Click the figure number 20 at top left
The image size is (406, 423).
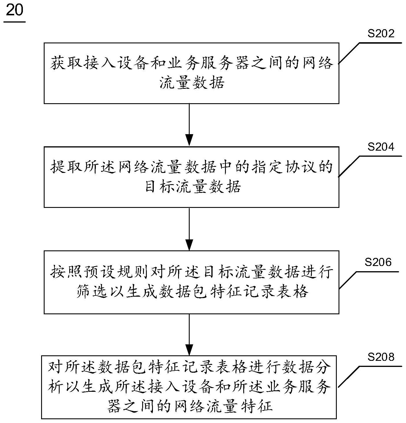point(14,11)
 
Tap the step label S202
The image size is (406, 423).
point(381,34)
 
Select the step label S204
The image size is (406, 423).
point(381,147)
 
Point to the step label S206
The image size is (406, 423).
point(378,262)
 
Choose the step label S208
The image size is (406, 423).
point(381,357)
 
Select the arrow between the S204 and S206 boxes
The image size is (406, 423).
point(189,229)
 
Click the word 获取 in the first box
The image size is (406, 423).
point(67,63)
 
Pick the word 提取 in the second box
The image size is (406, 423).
point(67,167)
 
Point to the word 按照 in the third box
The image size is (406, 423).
point(67,272)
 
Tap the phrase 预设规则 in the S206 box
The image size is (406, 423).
point(116,272)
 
